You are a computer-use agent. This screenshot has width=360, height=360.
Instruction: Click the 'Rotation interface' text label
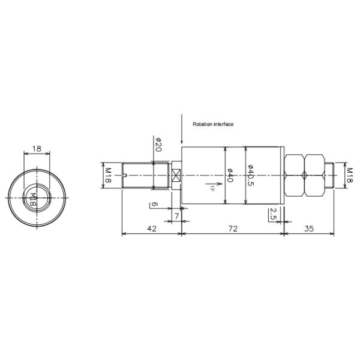coord(213,124)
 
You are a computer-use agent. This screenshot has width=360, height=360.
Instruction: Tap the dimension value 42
coord(152,229)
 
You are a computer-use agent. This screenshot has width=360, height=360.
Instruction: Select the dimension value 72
coord(233,229)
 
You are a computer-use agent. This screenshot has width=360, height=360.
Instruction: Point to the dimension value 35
coord(309,229)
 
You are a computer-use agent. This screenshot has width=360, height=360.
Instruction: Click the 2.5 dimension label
coord(273,214)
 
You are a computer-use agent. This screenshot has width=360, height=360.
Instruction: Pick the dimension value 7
coord(176,216)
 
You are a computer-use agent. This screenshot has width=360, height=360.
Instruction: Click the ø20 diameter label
coord(158,145)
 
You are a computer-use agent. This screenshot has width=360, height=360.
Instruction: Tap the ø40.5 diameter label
coord(251,175)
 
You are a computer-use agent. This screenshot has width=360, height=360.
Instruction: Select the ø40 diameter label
coord(230,175)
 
